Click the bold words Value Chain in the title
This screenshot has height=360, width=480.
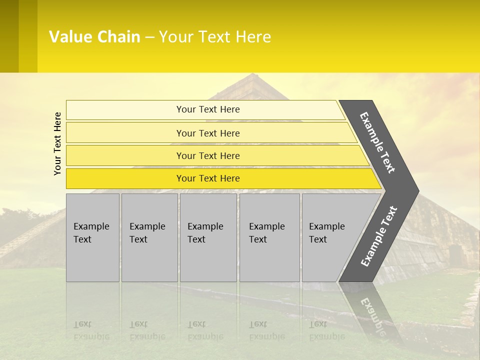point(94,37)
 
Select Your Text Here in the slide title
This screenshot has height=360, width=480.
point(215,37)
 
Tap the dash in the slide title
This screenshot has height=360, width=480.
point(149,37)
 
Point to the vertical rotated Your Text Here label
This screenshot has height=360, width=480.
point(57,143)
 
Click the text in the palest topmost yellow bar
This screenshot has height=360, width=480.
point(208,109)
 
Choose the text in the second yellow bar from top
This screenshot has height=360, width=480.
point(208,133)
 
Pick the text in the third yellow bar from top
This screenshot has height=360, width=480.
point(208,155)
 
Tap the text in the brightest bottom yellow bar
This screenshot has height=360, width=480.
point(208,178)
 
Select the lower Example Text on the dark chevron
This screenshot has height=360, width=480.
point(379,236)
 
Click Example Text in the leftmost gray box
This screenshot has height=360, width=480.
point(91,233)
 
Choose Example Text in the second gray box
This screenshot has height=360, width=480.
point(147,233)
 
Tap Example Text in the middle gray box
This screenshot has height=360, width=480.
point(205,233)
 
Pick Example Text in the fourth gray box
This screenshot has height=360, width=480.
point(266,233)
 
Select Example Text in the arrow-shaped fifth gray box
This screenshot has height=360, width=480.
point(326,233)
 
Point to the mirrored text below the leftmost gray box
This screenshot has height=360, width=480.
point(91,330)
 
